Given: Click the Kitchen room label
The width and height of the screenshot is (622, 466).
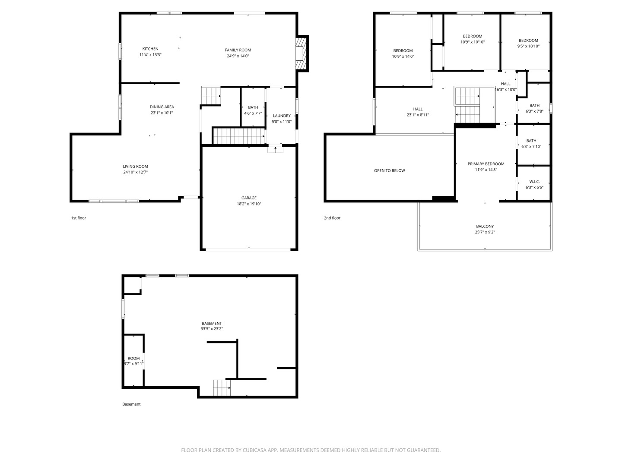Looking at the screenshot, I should click(150, 49).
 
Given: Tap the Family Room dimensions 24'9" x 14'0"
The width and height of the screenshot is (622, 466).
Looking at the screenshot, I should click(238, 56).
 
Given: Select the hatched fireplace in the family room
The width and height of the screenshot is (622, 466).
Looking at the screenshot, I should click(301, 53).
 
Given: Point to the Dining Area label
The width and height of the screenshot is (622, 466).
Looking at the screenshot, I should click(162, 107).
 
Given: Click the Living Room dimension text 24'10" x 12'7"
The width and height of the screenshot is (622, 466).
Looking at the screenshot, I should click(136, 172).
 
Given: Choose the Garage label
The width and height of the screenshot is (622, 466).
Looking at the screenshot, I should click(249, 198).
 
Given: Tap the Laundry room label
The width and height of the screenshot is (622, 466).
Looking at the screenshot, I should click(282, 116).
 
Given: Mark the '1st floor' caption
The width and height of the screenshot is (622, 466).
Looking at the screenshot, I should click(79, 218).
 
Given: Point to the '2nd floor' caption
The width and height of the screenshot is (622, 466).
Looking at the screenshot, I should click(332, 218).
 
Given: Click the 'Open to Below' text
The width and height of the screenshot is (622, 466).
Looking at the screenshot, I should click(390, 170).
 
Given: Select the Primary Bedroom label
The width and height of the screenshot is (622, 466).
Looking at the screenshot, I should click(486, 164).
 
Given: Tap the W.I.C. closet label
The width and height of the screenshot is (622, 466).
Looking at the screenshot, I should click(534, 182).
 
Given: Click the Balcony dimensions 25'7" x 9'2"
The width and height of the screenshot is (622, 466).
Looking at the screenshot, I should click(485, 232).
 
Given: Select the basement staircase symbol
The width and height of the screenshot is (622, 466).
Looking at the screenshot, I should click(222, 388).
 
